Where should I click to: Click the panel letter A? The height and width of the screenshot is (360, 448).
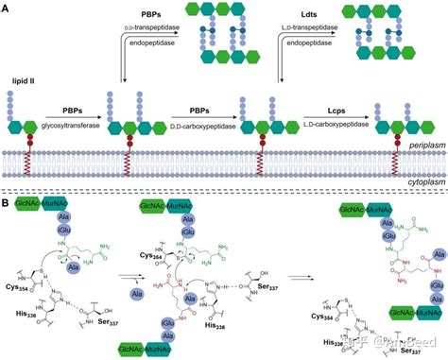coord(7,7)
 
